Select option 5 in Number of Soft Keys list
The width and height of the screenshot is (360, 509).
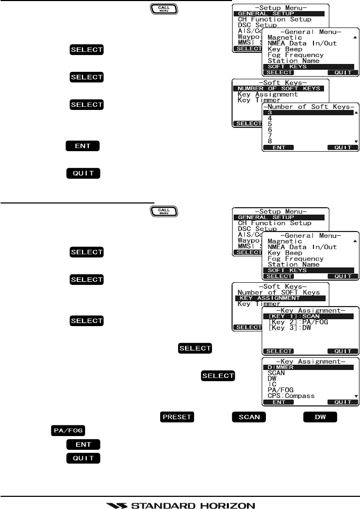click(271, 124)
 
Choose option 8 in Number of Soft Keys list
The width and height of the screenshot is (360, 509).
click(271, 141)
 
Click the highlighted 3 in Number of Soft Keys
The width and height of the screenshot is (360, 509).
click(271, 112)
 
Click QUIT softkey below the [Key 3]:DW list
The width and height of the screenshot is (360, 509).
click(342, 350)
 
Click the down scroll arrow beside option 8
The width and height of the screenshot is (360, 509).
click(356, 142)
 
